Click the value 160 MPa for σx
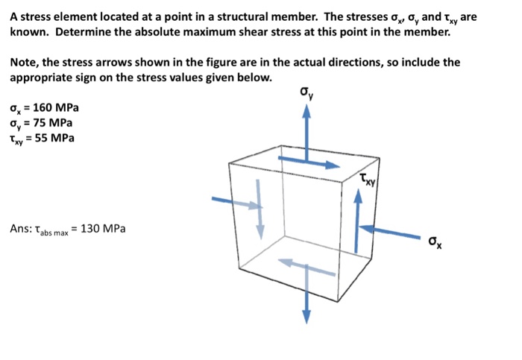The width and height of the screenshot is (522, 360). coord(55,109)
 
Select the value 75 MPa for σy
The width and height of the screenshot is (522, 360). coord(51,123)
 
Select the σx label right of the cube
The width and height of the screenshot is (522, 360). coord(435,241)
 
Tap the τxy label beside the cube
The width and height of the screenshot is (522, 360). coord(367,179)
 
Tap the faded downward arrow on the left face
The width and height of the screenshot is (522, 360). coord(261,209)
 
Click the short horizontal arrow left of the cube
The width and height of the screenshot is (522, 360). coord(226,200)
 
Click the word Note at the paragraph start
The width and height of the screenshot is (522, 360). coord(24,63)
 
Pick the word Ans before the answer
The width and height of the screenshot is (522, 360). coord(21,228)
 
